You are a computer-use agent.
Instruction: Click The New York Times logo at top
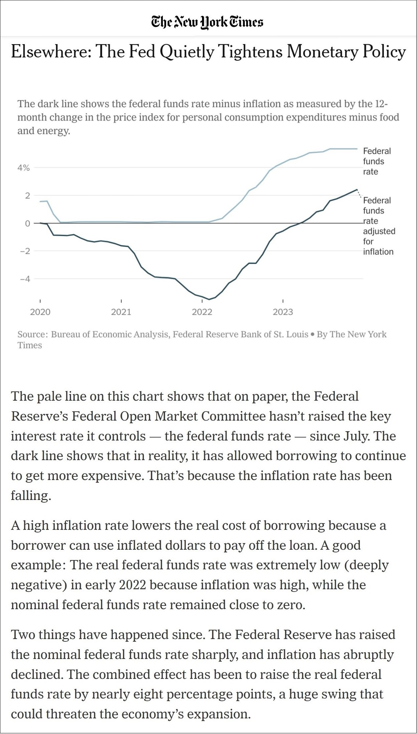(207, 22)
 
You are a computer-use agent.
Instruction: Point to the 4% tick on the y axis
(24, 168)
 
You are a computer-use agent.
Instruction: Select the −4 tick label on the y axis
(25, 279)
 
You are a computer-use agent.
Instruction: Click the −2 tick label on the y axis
(25, 251)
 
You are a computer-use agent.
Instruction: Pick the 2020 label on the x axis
(40, 312)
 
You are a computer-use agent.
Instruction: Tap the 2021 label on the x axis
(121, 312)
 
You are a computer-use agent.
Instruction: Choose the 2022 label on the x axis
(202, 312)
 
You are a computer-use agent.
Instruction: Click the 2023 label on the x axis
(283, 312)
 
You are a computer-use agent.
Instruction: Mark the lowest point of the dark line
(209, 299)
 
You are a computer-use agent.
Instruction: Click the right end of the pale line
(357, 149)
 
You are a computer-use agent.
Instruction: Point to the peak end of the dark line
(357, 190)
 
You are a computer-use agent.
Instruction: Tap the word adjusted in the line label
(379, 231)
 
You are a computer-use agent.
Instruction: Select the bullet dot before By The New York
(312, 334)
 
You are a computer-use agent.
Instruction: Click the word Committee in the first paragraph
(233, 416)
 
